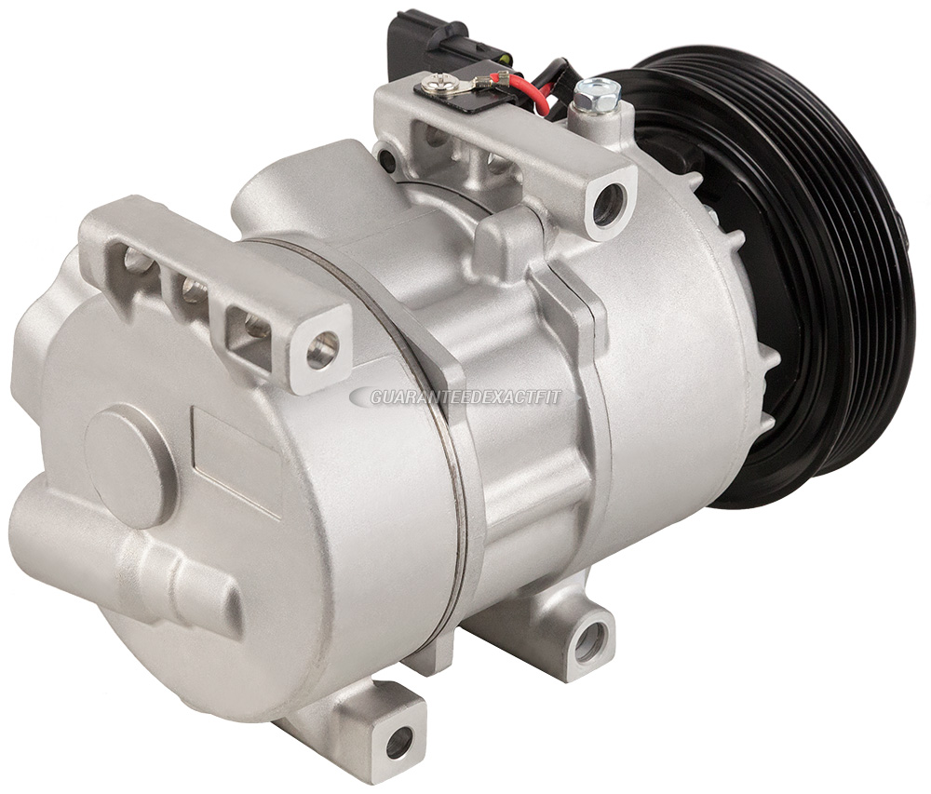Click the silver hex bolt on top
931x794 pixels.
coord(597,94)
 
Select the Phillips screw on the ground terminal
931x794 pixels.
coord(434,87)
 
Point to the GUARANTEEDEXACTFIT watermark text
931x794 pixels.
coord(465,397)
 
